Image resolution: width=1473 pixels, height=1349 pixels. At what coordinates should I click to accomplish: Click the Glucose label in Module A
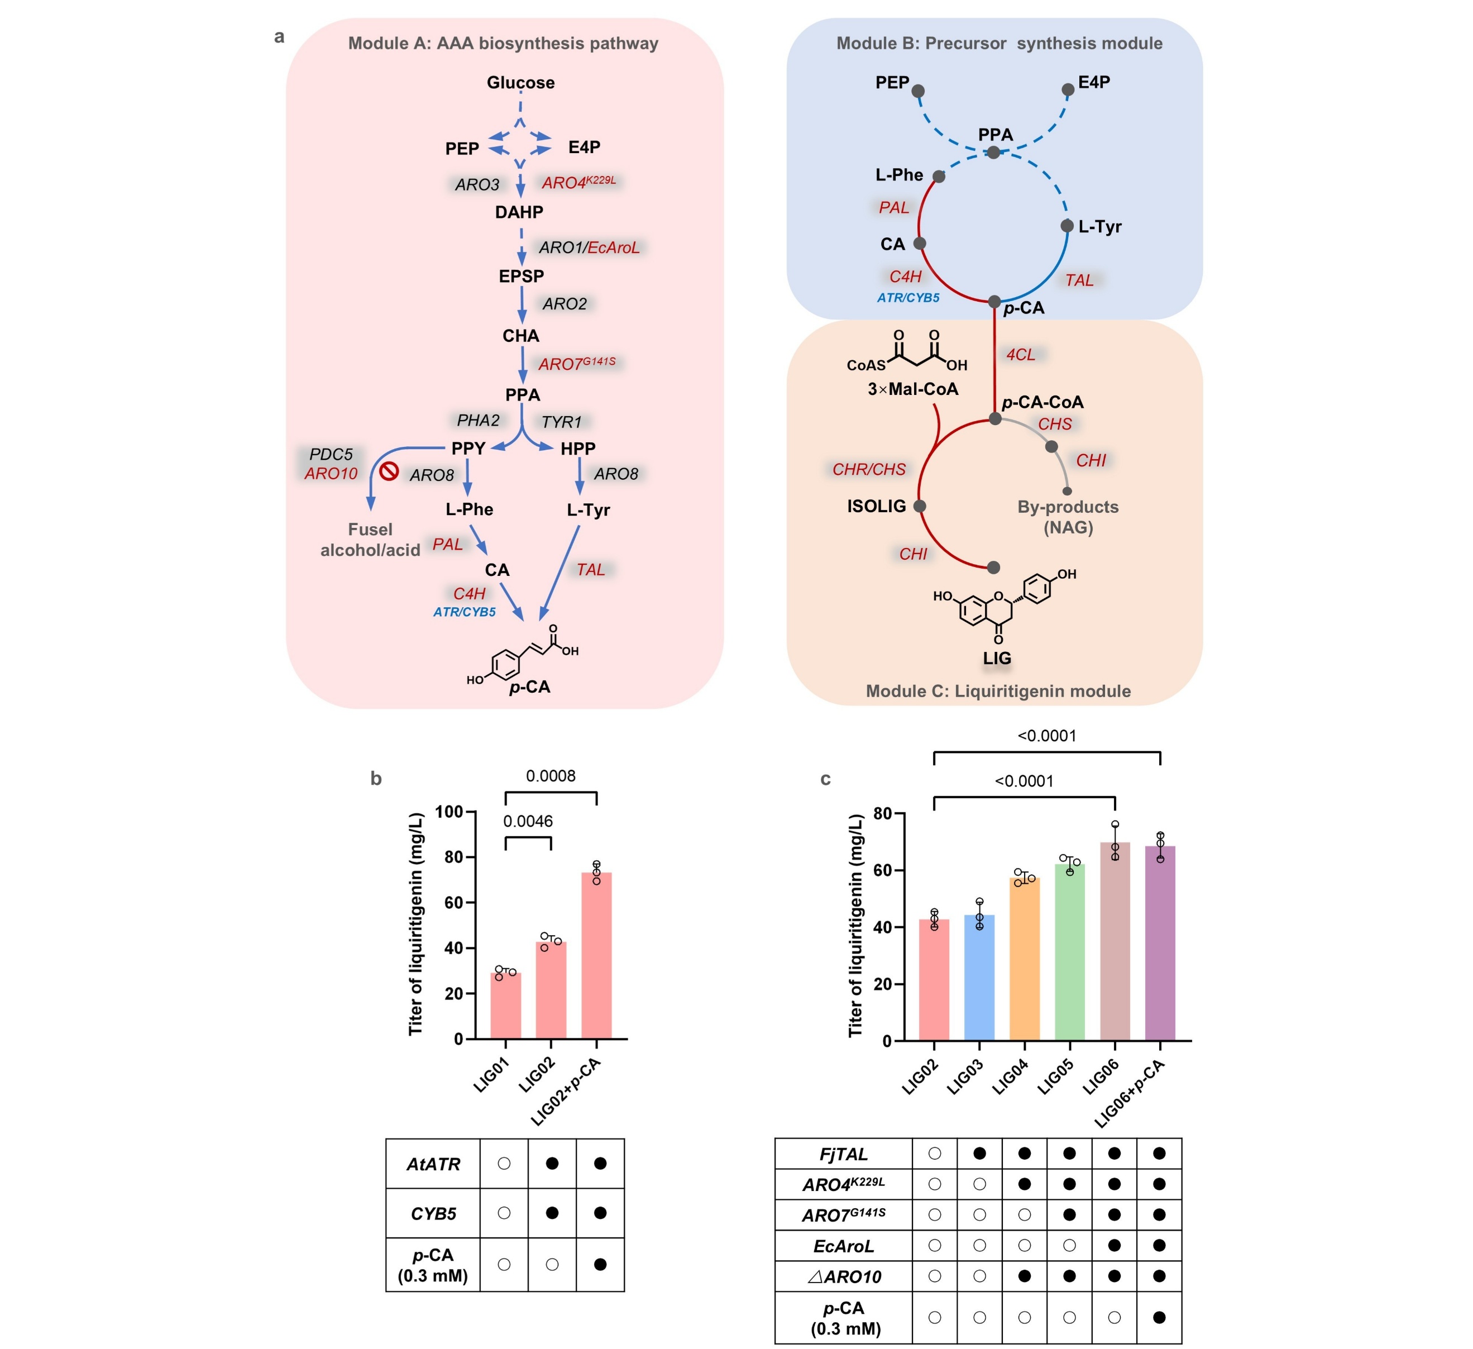[520, 83]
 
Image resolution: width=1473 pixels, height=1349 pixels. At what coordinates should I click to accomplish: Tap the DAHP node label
[519, 212]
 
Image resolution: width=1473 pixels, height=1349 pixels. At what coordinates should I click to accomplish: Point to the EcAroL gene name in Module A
[613, 247]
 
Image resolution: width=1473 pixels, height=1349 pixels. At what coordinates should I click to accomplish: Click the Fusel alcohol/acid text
[370, 539]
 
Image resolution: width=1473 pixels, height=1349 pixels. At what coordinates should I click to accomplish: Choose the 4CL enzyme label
[1020, 354]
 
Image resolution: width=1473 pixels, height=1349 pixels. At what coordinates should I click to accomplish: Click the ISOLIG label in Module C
[876, 506]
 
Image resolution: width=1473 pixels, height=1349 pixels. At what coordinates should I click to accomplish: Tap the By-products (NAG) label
[1068, 517]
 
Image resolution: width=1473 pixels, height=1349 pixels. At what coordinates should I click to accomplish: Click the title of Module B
[999, 43]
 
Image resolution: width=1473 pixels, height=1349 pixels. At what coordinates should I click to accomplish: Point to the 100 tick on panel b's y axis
[448, 811]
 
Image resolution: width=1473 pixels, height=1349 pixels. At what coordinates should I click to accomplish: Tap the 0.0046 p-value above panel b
[528, 821]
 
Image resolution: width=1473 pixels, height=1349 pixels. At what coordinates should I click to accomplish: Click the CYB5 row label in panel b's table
[433, 1213]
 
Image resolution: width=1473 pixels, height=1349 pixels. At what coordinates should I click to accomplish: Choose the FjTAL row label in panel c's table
[843, 1154]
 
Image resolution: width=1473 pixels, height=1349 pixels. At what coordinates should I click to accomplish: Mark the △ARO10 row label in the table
[843, 1276]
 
